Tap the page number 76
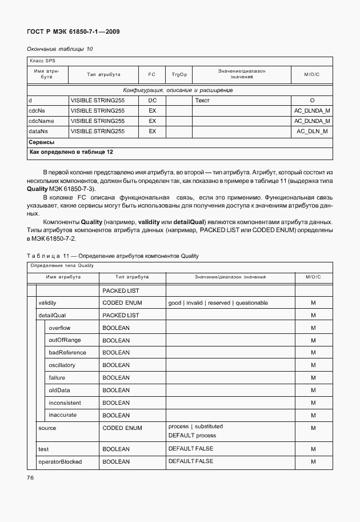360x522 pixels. (31, 477)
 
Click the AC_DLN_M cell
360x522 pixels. (312, 131)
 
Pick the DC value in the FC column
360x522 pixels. (152, 100)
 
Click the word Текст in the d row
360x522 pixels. (202, 100)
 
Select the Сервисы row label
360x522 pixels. (42, 142)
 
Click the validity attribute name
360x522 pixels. (47, 302)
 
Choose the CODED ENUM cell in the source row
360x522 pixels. (122, 428)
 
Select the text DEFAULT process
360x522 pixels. (192, 436)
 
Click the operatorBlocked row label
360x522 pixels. (59, 461)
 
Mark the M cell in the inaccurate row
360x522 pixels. (313, 416)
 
